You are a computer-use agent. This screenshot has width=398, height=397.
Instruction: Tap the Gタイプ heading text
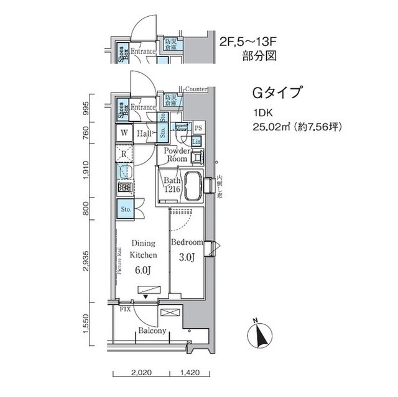(276, 94)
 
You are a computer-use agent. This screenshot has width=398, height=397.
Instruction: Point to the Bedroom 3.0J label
(187, 248)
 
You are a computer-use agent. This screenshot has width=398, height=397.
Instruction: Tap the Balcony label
(152, 331)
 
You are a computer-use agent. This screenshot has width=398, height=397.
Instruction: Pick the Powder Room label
(176, 154)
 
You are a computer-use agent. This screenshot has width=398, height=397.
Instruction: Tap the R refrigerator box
(124, 153)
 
